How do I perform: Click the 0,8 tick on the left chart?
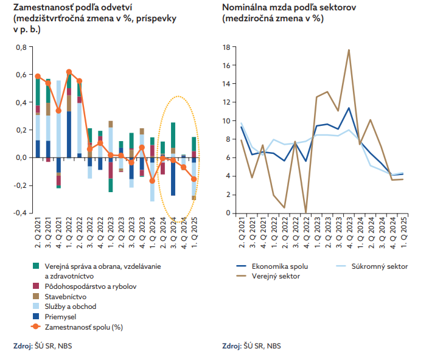(20, 47)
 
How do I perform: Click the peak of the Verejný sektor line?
(349, 50)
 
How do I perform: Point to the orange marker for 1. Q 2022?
(69, 72)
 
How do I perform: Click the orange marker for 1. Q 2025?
(194, 179)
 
